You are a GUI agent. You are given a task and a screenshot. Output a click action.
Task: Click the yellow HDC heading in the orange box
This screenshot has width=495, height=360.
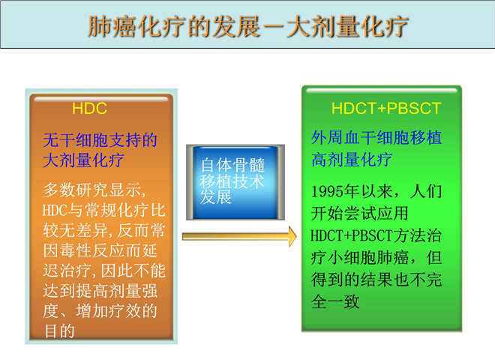[89, 108]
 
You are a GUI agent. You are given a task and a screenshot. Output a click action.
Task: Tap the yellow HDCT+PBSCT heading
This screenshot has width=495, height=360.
[385, 108]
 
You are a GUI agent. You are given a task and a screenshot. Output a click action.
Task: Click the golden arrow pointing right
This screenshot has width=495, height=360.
[239, 236]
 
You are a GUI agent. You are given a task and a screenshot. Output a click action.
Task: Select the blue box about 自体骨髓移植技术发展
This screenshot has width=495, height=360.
[235, 182]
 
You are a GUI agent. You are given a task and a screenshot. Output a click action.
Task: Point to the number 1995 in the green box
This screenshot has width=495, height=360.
[327, 191]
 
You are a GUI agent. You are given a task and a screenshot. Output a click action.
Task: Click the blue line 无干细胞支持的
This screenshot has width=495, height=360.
[100, 140]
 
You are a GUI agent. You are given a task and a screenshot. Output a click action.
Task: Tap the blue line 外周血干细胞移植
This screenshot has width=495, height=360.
[376, 138]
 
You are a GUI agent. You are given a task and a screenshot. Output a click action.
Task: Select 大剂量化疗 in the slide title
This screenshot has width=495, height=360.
[347, 26]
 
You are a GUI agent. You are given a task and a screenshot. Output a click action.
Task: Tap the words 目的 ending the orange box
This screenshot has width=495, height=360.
[59, 331]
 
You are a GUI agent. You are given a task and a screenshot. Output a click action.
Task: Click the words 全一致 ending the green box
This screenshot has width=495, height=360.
[335, 301]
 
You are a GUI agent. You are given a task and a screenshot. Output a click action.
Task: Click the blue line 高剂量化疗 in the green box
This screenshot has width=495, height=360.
[351, 160]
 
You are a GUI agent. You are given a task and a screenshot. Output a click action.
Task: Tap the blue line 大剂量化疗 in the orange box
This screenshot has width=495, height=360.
[83, 160]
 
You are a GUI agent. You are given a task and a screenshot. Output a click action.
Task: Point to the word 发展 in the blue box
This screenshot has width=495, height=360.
[216, 197]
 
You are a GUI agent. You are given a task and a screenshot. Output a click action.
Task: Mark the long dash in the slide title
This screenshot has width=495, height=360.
[273, 27]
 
